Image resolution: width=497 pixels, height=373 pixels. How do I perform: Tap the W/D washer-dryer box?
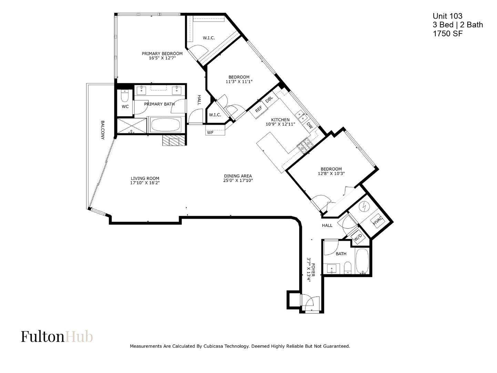pos(358,238)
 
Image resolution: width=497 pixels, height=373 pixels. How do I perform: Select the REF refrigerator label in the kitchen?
pos(258,109)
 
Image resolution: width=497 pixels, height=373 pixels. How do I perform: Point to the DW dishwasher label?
pos(310,125)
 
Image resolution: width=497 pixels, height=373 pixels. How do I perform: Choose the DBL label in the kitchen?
pos(269,99)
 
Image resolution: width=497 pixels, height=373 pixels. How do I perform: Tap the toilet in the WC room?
pos(125,96)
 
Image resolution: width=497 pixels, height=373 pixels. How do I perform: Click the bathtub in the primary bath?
pos(165,125)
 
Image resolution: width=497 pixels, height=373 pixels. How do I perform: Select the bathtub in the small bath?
pos(362,261)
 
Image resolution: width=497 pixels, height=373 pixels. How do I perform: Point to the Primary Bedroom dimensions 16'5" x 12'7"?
pos(162,58)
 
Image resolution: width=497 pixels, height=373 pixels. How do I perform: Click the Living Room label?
pos(145,178)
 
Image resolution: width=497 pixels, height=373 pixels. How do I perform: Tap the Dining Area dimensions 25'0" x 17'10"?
pos(238,180)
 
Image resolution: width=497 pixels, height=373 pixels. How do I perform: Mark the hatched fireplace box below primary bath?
pos(174,141)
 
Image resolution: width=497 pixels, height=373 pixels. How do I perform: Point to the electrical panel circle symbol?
pos(364,206)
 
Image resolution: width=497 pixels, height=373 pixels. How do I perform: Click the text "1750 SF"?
pos(447,34)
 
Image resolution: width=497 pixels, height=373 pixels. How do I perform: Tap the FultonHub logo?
pos(57,336)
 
